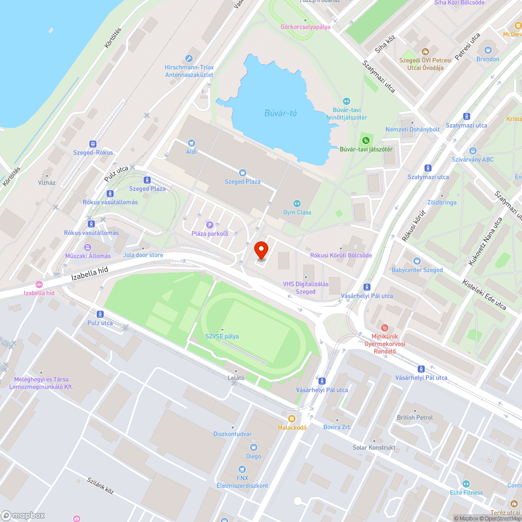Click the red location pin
coord(261,250)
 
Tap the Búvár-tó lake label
coord(280,113)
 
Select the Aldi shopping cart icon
coord(192,143)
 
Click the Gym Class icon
coord(297,204)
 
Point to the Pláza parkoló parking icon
coord(210,224)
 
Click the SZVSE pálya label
coord(222,336)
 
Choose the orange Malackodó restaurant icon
coord(292,418)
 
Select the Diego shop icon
coord(254,447)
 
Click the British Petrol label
coord(414,418)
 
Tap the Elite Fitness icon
coord(466,484)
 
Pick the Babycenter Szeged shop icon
coord(417,261)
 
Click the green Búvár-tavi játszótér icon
coord(366,140)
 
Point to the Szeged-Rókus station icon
coord(93,144)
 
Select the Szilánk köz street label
coord(100,485)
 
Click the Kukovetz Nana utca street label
coord(485,241)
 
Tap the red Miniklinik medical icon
coord(385,328)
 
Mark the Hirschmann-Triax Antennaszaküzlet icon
coord(189,58)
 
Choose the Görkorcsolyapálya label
coord(305,27)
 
